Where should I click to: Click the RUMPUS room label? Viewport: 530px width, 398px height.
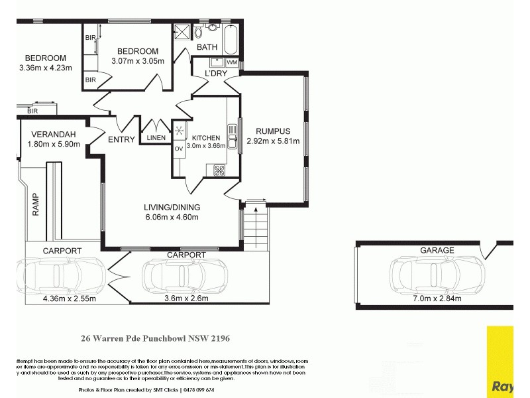click(x=273, y=131)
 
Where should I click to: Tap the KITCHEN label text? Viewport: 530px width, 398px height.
click(x=205, y=138)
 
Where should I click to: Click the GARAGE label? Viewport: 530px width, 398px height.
click(x=437, y=250)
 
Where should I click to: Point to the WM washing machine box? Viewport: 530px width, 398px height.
click(x=232, y=62)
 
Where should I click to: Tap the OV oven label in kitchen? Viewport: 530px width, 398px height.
click(x=178, y=149)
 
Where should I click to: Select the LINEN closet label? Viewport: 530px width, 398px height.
click(x=156, y=138)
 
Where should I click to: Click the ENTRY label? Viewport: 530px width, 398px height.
click(x=121, y=139)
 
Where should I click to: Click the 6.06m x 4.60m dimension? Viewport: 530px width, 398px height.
click(x=172, y=217)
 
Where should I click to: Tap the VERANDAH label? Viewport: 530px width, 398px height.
click(x=53, y=135)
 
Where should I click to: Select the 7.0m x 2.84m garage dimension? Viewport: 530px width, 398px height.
click(x=436, y=298)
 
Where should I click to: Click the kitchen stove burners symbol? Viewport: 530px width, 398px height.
click(x=219, y=170)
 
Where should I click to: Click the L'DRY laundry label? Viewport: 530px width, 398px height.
click(x=216, y=73)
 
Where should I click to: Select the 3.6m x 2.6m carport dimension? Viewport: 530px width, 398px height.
click(x=186, y=298)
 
